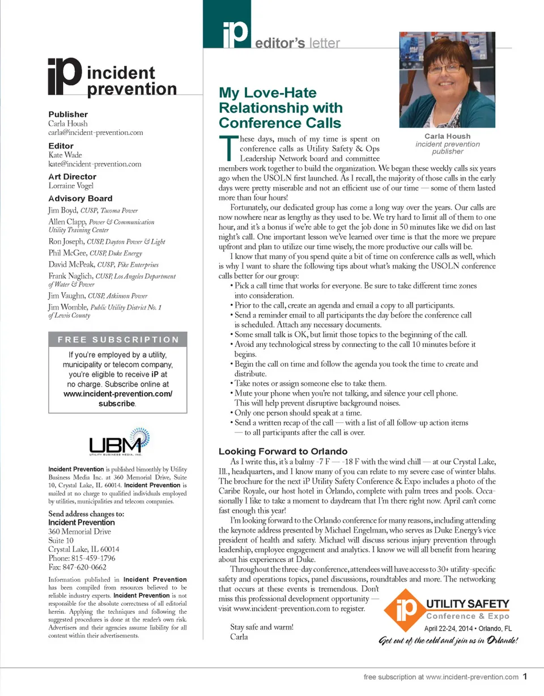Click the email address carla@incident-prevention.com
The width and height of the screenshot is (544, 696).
pyautogui.click(x=95, y=133)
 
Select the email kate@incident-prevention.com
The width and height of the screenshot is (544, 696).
pyautogui.click(x=95, y=164)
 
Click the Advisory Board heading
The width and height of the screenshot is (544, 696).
pyautogui.click(x=80, y=198)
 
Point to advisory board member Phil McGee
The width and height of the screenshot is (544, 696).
pyautogui.click(x=63, y=253)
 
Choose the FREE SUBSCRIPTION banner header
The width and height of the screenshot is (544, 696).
pyautogui.click(x=118, y=340)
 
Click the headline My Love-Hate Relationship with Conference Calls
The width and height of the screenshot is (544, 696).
pyautogui.click(x=280, y=108)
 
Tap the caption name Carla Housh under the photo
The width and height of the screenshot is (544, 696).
pyautogui.click(x=447, y=136)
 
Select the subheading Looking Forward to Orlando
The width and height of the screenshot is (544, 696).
pyautogui.click(x=283, y=451)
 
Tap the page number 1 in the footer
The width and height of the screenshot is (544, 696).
pyautogui.click(x=525, y=676)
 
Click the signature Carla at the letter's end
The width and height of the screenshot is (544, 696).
pyautogui.click(x=239, y=636)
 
